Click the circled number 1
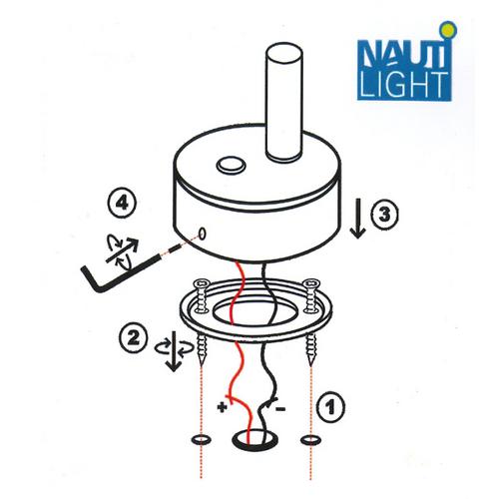click(330, 406)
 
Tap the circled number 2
click(134, 338)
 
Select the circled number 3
click(384, 214)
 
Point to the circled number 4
click(123, 204)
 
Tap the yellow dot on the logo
click(449, 30)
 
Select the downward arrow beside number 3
click(358, 219)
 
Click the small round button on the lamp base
click(231, 166)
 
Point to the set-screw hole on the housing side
click(202, 234)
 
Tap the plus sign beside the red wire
click(222, 406)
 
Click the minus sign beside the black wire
click(280, 408)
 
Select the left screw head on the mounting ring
click(201, 283)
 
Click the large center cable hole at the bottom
click(255, 440)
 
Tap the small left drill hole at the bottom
click(202, 440)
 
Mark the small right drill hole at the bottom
click(310, 440)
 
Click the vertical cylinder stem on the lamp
click(284, 102)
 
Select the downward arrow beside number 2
click(174, 351)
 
